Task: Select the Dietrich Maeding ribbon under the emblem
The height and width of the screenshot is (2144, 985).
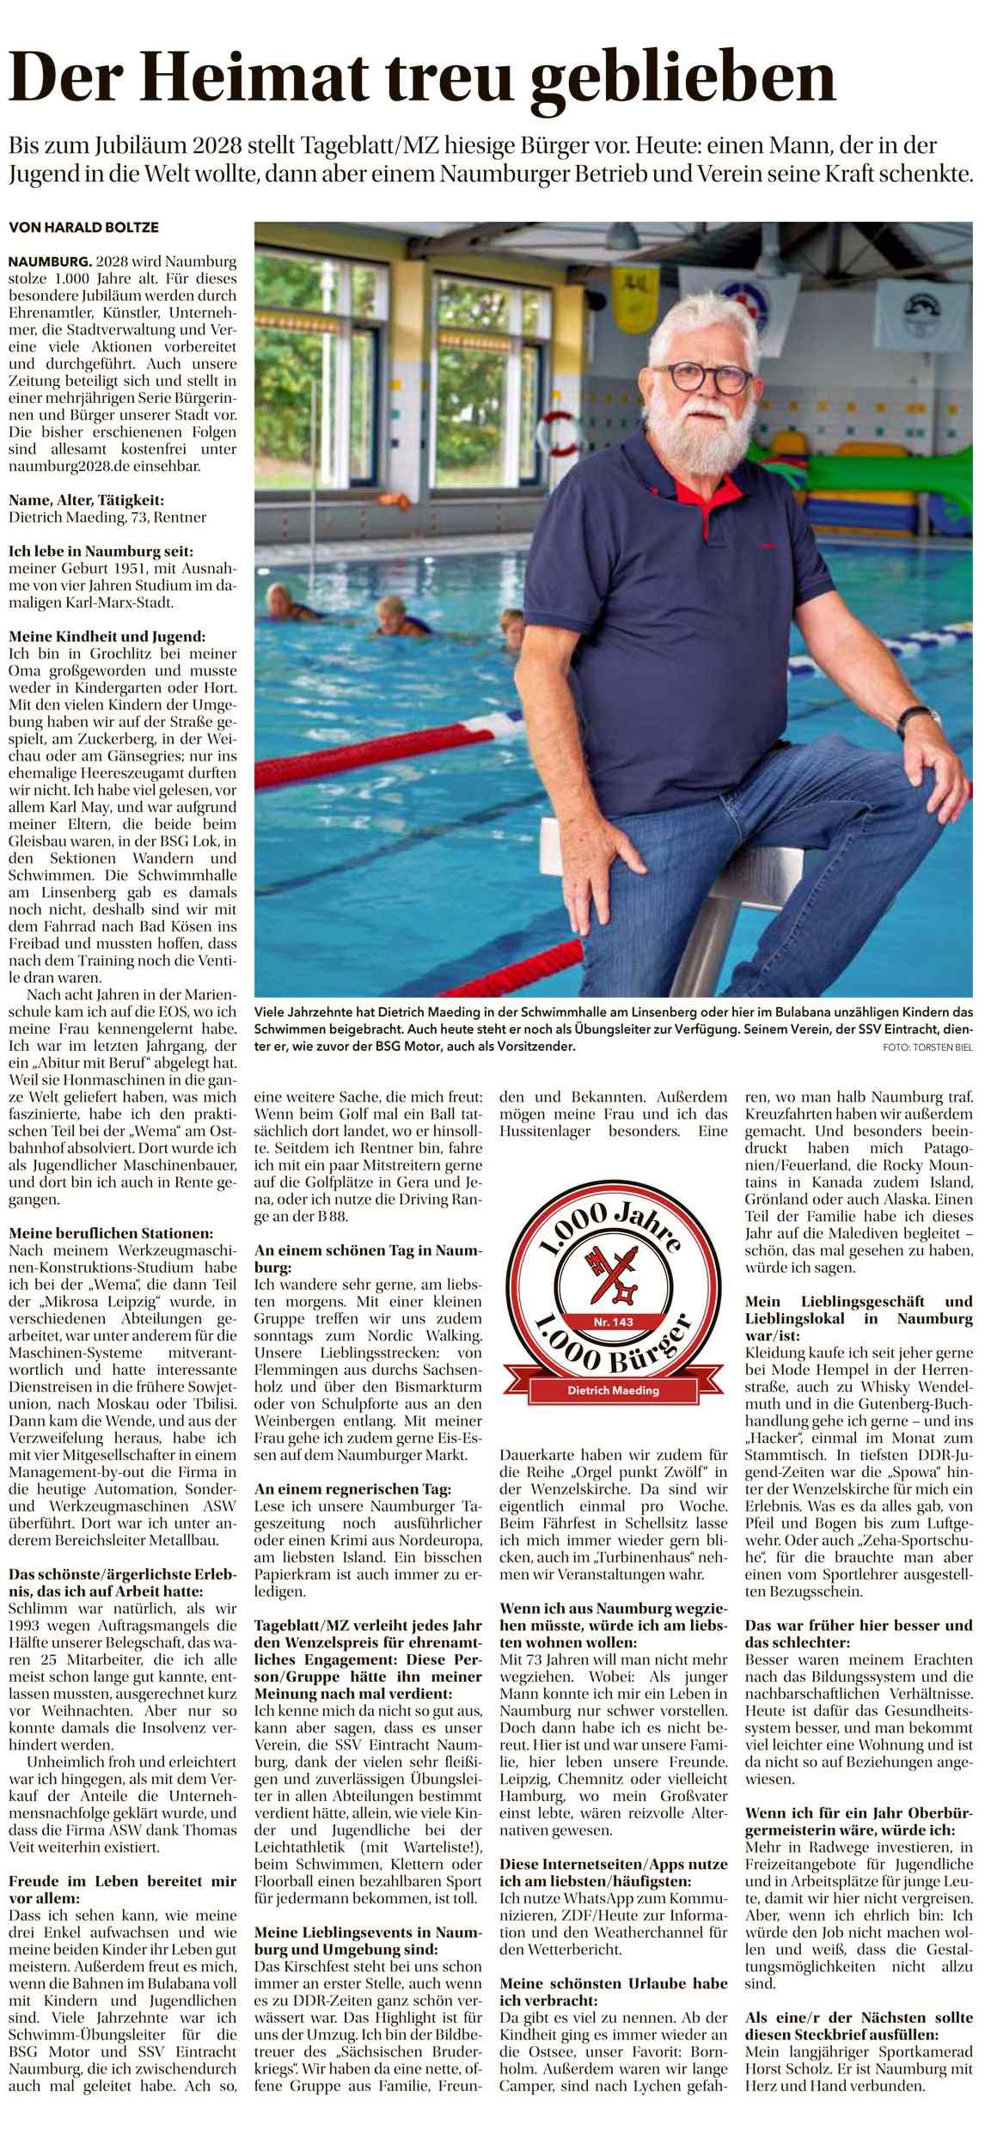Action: (x=613, y=1390)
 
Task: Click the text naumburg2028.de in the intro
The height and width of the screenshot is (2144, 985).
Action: (x=64, y=467)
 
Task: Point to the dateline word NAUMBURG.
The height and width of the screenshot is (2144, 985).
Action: (x=49, y=260)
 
